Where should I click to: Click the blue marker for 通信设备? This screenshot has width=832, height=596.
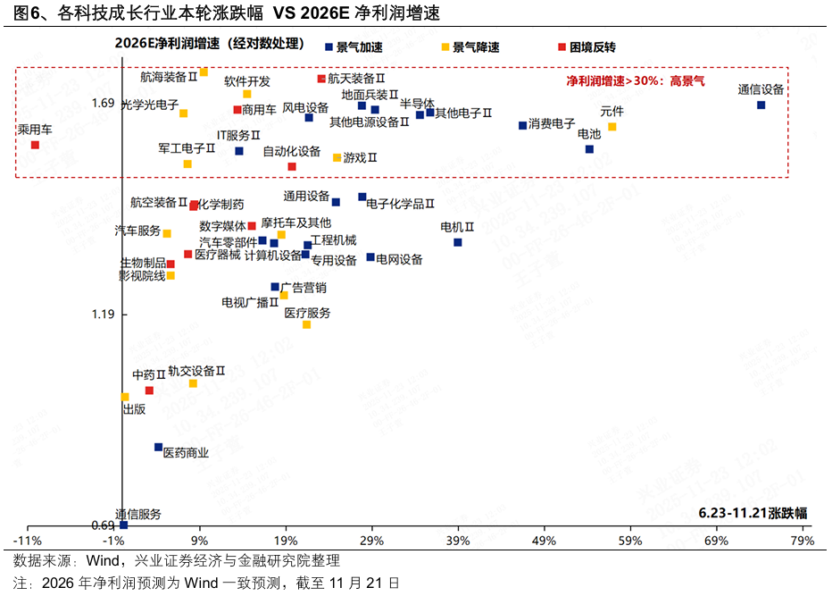click(x=761, y=105)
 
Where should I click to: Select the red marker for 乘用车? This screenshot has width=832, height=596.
click(x=35, y=145)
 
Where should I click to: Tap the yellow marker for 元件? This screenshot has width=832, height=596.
click(x=612, y=127)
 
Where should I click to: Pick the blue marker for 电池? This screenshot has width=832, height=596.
click(x=589, y=149)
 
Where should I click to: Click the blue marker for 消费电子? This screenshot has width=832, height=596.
click(x=522, y=125)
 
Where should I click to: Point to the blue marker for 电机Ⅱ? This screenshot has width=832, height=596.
click(x=457, y=242)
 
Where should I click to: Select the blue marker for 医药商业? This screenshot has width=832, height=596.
click(x=158, y=447)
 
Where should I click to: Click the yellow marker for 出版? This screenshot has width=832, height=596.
click(x=125, y=397)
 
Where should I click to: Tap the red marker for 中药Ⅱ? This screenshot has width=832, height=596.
click(x=149, y=390)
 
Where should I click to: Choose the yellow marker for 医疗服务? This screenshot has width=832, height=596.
click(x=306, y=324)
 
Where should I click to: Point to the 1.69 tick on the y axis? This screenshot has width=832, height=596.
click(x=103, y=104)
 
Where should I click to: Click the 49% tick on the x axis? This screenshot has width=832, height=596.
click(x=545, y=541)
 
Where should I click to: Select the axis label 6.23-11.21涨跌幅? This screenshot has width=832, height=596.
click(x=753, y=513)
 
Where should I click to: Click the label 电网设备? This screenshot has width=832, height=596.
click(x=399, y=260)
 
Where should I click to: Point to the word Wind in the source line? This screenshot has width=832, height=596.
click(x=102, y=561)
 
